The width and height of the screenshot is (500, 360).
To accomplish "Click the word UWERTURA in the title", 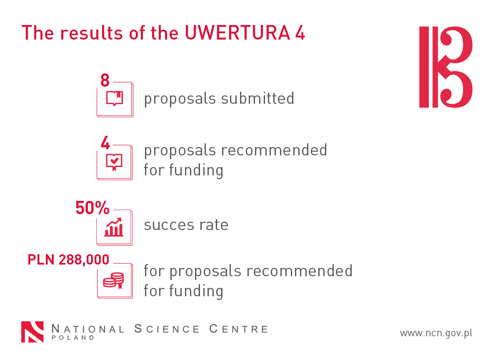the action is coord(237,33).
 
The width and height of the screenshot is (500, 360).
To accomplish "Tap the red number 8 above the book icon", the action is coord(105,80).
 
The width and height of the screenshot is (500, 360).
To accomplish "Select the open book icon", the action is coord(115,98).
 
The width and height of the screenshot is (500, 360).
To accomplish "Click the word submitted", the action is coord(257,98).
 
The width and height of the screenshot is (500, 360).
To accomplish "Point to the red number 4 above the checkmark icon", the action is coord(105,142).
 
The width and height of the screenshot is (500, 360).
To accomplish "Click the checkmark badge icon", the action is coord(114,162).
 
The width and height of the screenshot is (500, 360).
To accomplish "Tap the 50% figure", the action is coord(92,208).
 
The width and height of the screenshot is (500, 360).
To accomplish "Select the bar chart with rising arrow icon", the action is coord(114,227).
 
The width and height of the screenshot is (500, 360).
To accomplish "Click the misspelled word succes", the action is coord(169,225).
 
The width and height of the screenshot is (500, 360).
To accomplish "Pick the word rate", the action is coord(214,225).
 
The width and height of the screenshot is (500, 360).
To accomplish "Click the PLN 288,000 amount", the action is coord(68,260).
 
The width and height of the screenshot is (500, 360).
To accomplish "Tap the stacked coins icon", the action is coord(113,280).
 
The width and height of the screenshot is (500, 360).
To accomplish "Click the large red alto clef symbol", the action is coord(446,67).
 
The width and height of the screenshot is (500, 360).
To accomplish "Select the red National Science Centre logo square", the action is coord(32,332).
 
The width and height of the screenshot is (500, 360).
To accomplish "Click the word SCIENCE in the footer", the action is coord(167,329).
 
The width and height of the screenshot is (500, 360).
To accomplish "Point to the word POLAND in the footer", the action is coord(73,337).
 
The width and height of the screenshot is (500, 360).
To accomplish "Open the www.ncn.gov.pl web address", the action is coord(436,333).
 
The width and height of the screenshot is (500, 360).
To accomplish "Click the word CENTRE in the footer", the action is coord(238,329).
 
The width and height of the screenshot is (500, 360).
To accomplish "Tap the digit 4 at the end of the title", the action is coord(300,33).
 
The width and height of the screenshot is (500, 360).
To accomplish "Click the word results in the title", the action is coord(92,33).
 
